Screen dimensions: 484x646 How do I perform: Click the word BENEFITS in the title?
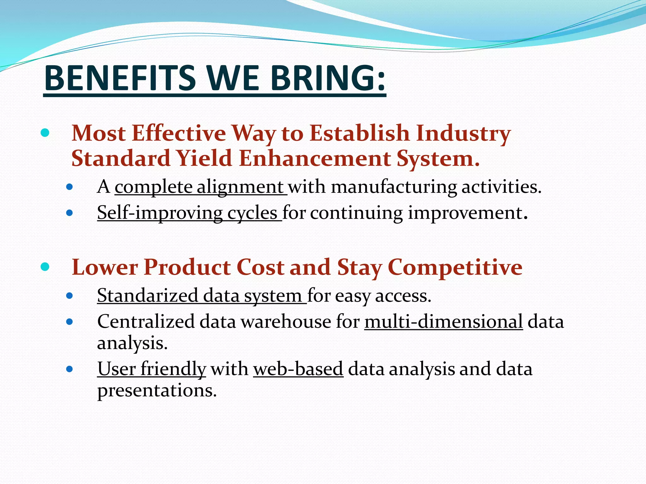click(120, 78)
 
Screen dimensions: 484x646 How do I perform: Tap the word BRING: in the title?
click(328, 78)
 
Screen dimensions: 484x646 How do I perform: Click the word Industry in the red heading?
click(463, 133)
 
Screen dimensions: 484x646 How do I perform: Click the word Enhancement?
click(315, 158)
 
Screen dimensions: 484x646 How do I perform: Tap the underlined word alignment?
click(240, 187)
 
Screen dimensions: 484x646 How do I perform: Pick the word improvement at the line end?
click(465, 213)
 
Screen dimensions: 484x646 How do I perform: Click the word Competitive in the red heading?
click(455, 267)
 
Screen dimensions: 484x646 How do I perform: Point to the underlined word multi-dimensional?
click(443, 322)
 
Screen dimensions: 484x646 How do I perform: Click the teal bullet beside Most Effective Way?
click(45, 133)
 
